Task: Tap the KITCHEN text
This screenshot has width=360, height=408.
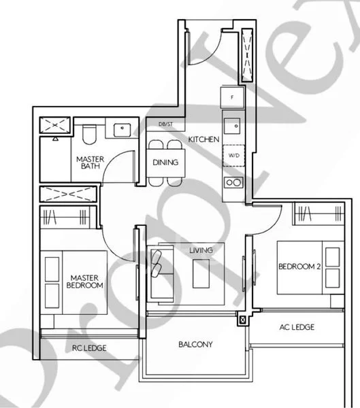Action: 203,139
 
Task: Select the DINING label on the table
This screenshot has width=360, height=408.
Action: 165,163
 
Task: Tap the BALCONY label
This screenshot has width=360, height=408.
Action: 195,345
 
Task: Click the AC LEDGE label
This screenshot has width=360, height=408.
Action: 297,327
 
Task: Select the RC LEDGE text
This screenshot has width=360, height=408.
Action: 89,348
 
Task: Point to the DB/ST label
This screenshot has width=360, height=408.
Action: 165,124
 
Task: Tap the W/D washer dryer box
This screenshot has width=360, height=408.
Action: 233,155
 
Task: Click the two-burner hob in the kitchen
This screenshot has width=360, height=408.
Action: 233,182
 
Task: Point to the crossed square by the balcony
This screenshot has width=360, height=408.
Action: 242,320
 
